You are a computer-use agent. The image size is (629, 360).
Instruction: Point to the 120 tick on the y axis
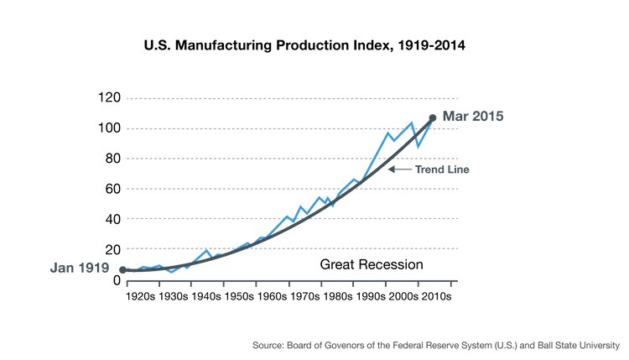111,97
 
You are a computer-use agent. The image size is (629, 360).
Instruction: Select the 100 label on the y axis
111,128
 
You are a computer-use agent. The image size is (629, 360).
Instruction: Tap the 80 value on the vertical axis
113,159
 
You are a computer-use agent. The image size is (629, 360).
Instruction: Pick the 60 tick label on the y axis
113,189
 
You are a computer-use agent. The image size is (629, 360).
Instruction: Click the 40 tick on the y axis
113,219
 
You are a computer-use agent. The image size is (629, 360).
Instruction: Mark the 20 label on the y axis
113,249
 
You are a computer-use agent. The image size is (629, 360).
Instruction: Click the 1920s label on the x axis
141,296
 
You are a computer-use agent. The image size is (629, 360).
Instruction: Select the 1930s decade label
174,296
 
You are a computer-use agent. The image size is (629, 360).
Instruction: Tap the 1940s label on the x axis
206,296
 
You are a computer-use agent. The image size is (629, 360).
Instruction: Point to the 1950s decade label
239,296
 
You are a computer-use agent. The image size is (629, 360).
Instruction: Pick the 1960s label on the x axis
272,296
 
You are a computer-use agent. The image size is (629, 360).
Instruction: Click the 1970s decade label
304,296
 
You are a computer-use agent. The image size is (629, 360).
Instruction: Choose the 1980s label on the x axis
337,296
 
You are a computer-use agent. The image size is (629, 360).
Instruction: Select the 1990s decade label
370,296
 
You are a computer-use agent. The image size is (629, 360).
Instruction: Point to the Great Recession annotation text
371,265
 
